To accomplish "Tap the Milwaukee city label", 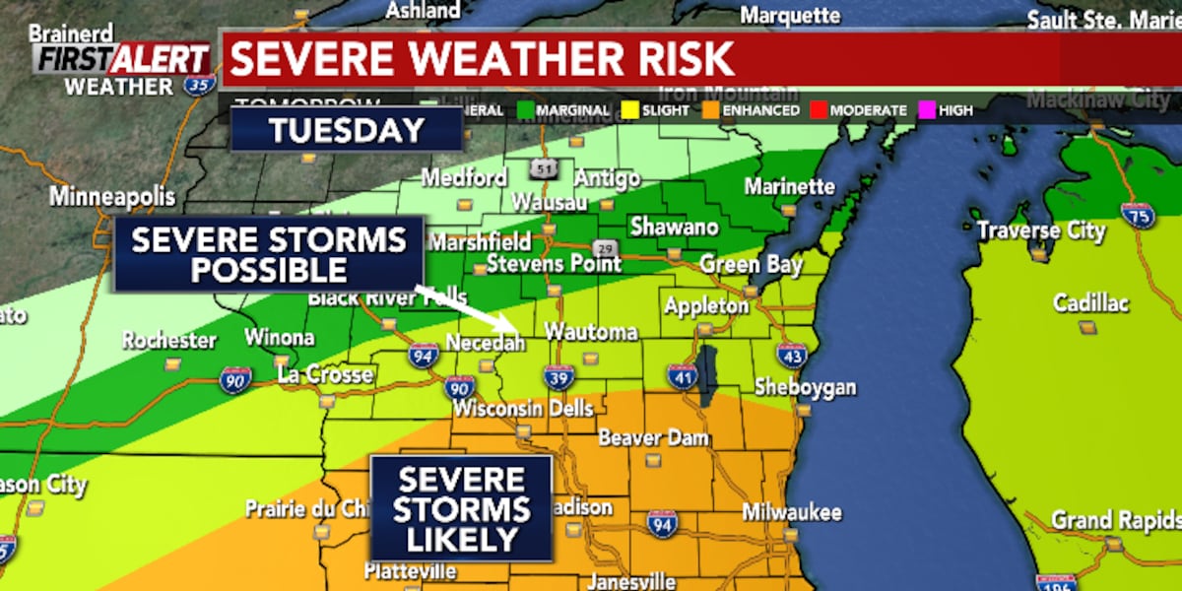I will pyautogui.click(x=793, y=512).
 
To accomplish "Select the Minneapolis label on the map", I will pyautogui.click(x=112, y=196).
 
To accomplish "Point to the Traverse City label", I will pyautogui.click(x=1041, y=230).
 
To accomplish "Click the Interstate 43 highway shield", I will pyautogui.click(x=791, y=355).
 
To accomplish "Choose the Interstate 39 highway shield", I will pyautogui.click(x=558, y=375).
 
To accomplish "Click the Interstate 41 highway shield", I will pyautogui.click(x=682, y=375).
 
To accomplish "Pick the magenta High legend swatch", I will pyautogui.click(x=925, y=110).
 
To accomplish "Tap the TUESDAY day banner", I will pyautogui.click(x=347, y=130).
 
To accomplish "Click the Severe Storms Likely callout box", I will pyautogui.click(x=461, y=508).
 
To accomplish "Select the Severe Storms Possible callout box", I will pyautogui.click(x=269, y=254).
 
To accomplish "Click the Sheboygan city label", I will pyautogui.click(x=805, y=387).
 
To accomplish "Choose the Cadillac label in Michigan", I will pyautogui.click(x=1090, y=303).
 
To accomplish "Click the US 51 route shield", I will pyautogui.click(x=544, y=168).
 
